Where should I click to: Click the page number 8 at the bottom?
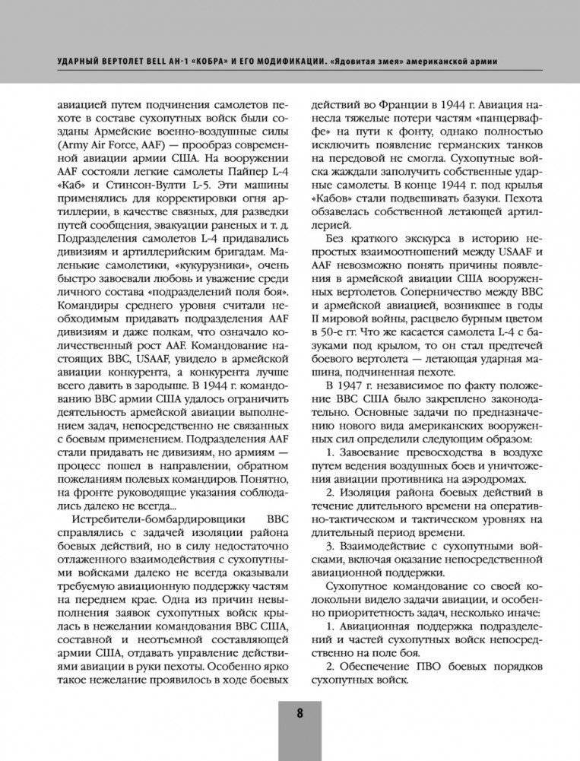click(x=299, y=712)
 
